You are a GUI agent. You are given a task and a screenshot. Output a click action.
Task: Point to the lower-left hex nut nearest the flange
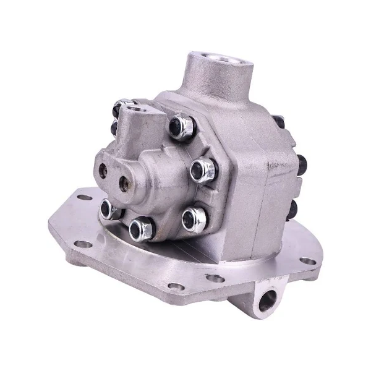(x=108, y=208)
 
